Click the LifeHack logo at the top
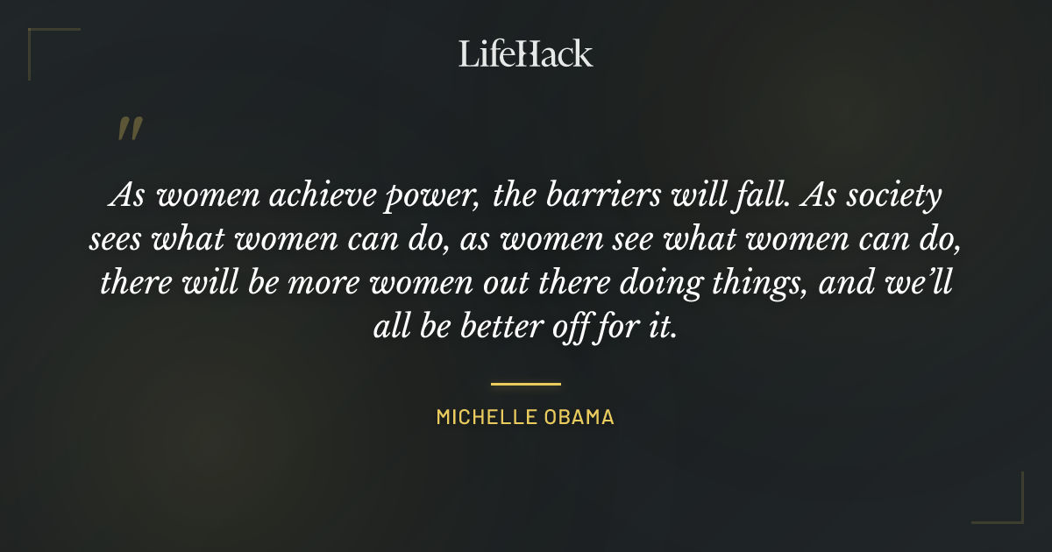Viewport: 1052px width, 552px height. tap(526, 53)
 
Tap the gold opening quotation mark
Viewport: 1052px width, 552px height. tap(129, 130)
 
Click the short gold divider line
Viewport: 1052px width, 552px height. tap(526, 384)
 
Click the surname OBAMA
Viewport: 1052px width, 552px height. tap(581, 417)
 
